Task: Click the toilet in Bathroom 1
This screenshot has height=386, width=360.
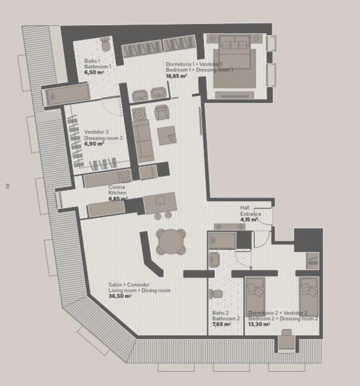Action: [106, 44]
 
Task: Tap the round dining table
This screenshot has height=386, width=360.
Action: [171, 241]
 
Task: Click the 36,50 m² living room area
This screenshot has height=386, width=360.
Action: [120, 296]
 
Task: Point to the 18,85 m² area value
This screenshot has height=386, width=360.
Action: [177, 76]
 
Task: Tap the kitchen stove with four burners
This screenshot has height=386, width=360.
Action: [125, 175]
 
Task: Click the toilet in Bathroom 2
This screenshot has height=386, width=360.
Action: [215, 294]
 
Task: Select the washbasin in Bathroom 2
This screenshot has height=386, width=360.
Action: [214, 259]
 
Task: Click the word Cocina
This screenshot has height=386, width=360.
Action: [116, 187]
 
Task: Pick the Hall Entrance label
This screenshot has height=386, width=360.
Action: [250, 211]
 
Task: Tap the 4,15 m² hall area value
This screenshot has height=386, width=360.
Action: [249, 219]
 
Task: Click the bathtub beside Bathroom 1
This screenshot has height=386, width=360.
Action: [68, 95]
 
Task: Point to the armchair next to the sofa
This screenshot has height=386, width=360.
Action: [162, 112]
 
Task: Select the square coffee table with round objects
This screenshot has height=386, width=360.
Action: [167, 135]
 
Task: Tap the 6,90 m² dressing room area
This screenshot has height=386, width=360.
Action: [94, 143]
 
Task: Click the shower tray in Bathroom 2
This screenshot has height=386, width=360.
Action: [222, 241]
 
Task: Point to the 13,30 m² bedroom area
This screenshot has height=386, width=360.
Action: [259, 324]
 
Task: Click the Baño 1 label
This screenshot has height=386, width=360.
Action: [92, 61]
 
